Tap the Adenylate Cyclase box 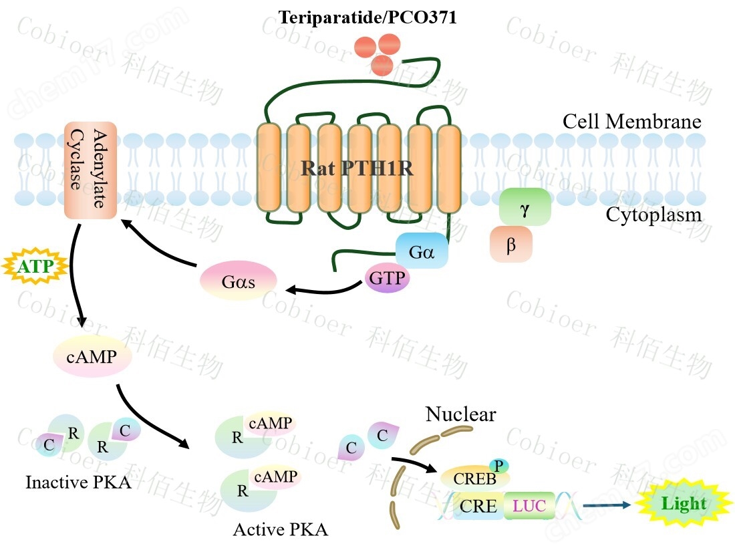tap(91, 170)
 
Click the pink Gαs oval tap(239, 281)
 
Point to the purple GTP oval tap(388, 277)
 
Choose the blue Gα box tap(422, 251)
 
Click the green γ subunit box tap(525, 207)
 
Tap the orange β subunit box tap(511, 245)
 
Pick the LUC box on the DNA tap(529, 507)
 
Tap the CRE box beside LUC tap(478, 507)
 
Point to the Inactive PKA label tap(78, 482)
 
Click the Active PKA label tap(281, 530)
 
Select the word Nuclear tap(460, 415)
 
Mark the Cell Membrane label tap(631, 122)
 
